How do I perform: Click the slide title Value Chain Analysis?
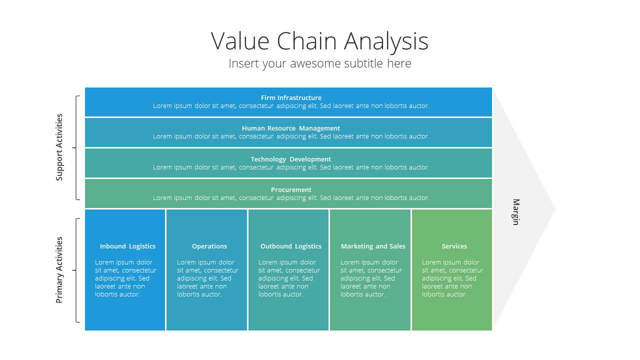319,41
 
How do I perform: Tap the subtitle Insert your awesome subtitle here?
319,63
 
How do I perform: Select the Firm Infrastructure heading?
291,97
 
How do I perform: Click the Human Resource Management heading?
291,128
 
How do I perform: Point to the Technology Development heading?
291,159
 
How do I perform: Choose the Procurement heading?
291,189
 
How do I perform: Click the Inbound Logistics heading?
127,246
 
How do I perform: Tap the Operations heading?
209,246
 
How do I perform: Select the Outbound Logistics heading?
291,246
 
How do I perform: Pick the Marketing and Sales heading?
373,246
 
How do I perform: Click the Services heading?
454,246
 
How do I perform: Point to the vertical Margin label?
515,212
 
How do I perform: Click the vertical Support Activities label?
59,147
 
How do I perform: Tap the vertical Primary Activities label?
59,270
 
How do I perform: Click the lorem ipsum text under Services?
452,278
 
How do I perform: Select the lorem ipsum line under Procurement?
291,197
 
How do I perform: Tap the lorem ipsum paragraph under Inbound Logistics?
125,278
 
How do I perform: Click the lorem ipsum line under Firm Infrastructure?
291,105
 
